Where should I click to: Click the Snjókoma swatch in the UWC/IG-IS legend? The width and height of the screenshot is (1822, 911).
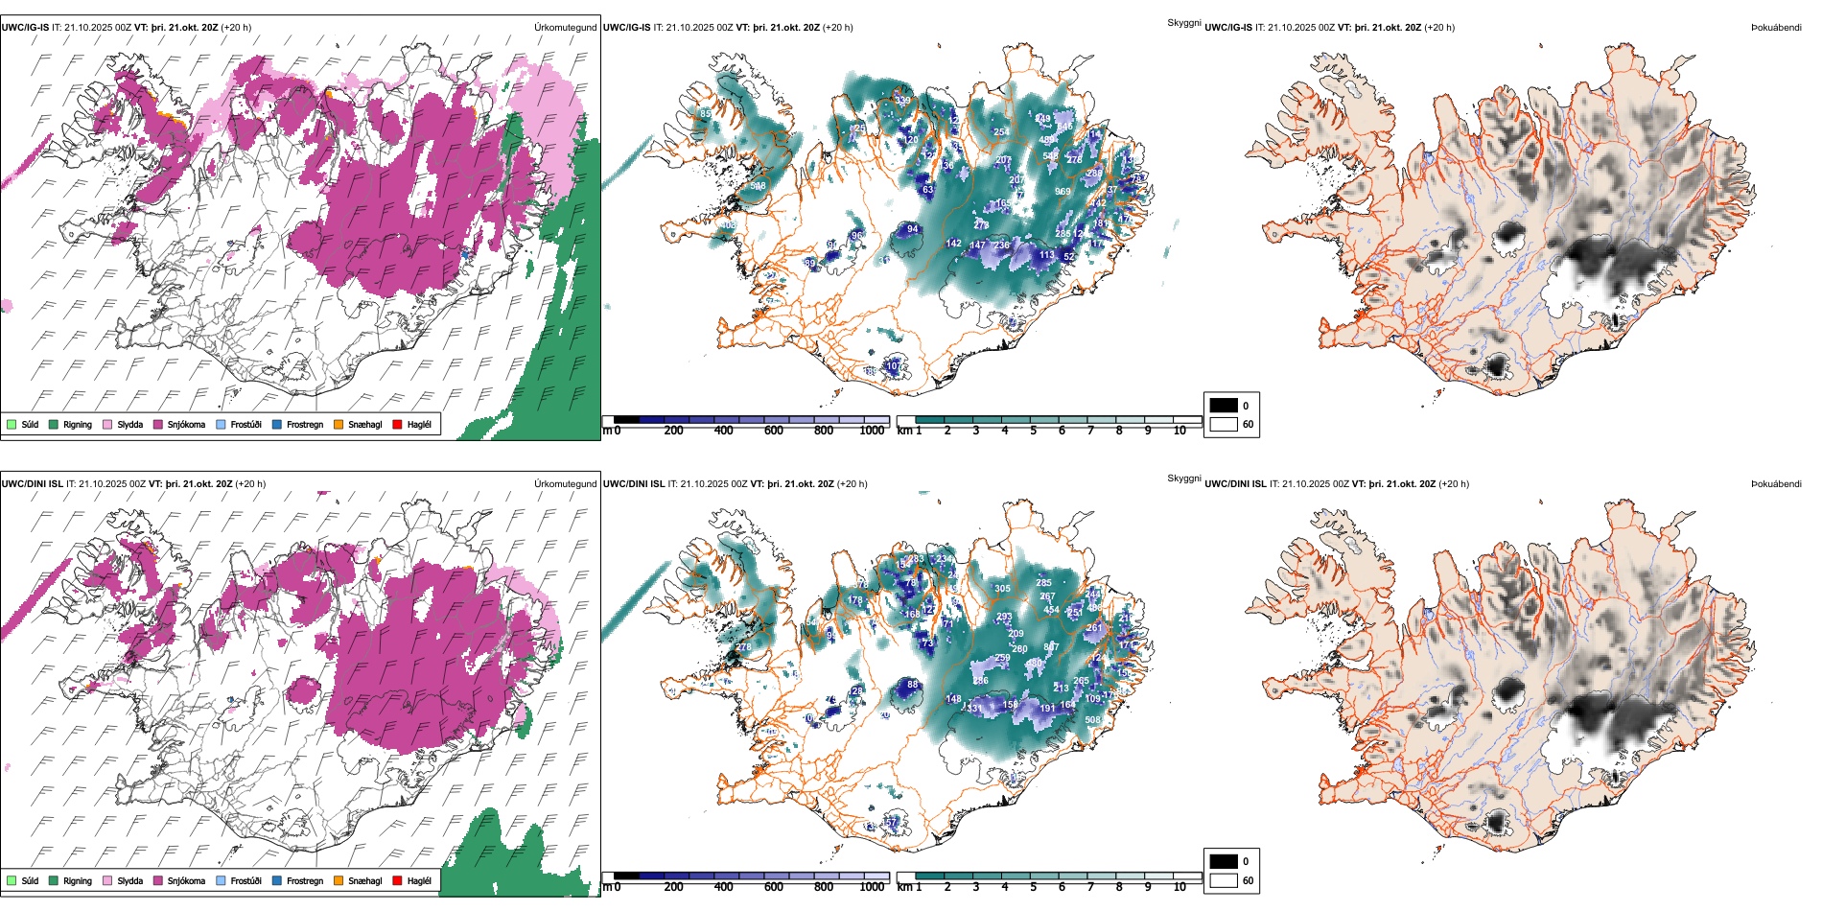158,424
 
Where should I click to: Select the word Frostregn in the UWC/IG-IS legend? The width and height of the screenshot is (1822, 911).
305,424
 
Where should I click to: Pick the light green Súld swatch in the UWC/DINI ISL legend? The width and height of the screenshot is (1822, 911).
12,880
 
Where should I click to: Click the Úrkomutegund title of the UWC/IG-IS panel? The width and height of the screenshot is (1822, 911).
565,28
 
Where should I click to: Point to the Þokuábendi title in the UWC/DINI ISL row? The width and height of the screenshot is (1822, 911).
1776,484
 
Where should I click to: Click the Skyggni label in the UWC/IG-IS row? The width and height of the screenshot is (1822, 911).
1183,23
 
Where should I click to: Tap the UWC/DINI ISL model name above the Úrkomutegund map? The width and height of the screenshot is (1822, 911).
32,484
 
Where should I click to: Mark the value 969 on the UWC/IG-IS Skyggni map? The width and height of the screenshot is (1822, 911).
1063,192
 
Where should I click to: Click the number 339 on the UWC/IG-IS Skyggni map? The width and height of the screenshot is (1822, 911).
903,101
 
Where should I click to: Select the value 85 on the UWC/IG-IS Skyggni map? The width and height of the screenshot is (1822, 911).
706,114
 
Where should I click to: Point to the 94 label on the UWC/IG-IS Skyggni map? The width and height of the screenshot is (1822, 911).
912,229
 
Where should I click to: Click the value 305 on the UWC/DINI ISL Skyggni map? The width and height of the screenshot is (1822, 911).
1002,589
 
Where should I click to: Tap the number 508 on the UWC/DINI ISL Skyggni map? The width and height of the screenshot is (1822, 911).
1092,720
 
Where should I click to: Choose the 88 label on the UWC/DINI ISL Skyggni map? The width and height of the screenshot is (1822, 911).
912,685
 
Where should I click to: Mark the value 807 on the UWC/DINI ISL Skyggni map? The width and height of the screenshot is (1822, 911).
1051,646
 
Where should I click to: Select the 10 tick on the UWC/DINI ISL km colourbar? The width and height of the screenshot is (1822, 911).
1180,887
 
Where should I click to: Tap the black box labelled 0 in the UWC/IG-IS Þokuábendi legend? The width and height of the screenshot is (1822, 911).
1224,406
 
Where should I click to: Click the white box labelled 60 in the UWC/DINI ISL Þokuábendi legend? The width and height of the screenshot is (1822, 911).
1224,880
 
